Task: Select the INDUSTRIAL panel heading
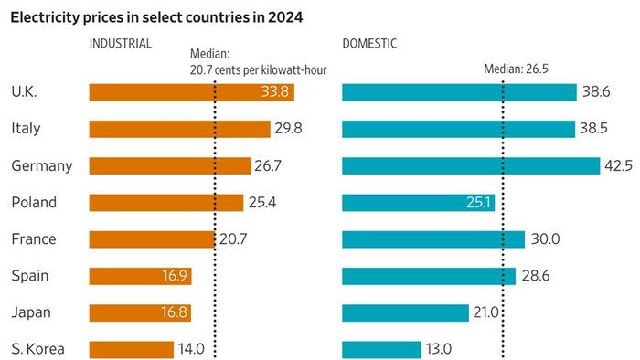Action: tap(120, 43)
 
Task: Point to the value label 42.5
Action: tap(619, 165)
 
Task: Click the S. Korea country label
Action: tap(35, 349)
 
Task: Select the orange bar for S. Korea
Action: tap(131, 349)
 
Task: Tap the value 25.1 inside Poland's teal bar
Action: tap(476, 202)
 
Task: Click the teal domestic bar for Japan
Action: tap(405, 312)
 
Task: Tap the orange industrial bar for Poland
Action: tap(165, 202)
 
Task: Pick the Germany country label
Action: tap(41, 165)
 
